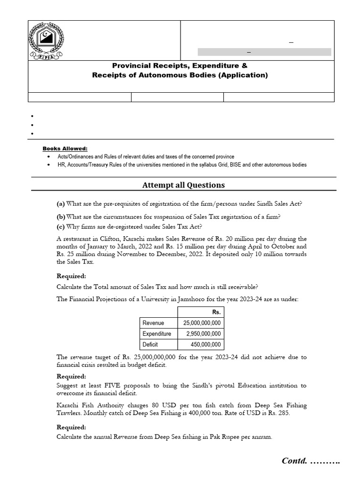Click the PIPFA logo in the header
point(47,41)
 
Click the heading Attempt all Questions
point(183,185)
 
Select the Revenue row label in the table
point(154,323)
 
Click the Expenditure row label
point(157,334)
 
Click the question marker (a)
point(61,204)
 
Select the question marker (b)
point(61,217)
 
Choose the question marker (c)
point(61,226)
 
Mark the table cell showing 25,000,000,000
point(201,323)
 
